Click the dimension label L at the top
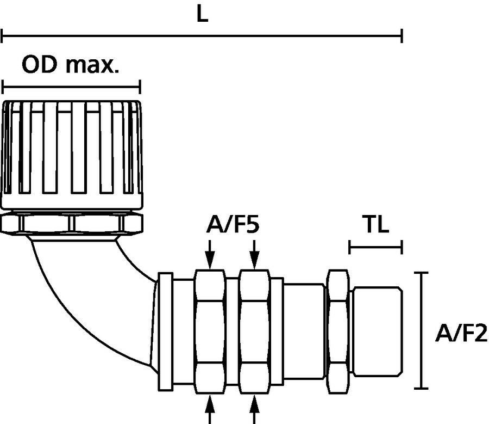[202, 15]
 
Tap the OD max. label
[70, 65]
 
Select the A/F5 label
[233, 225]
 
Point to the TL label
[375, 225]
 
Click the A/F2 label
[461, 333]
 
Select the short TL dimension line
[375, 249]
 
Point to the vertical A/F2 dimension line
[422, 330]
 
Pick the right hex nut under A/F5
[255, 331]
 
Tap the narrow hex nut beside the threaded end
[337, 331]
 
